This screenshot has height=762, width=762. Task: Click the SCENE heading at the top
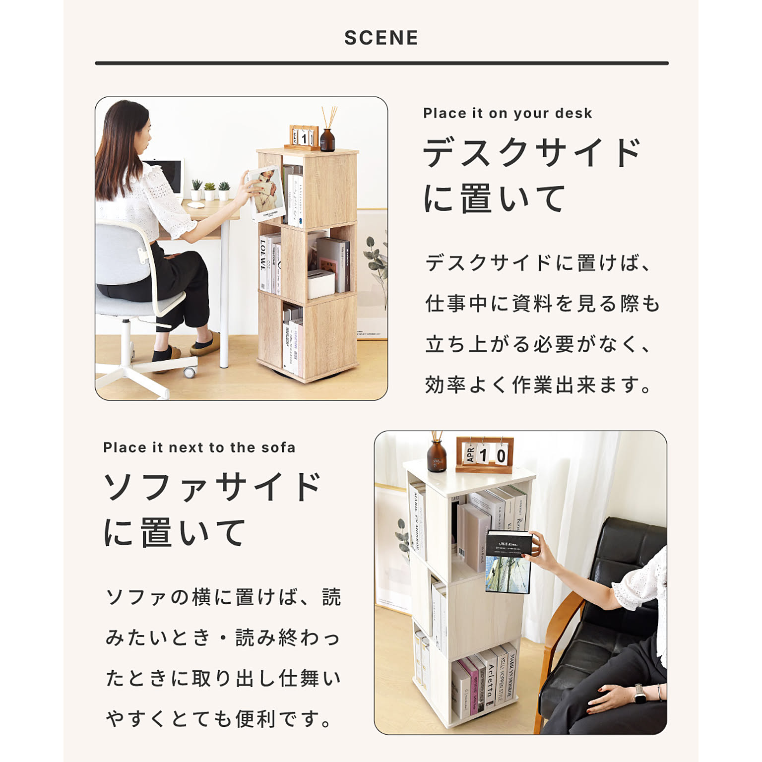coord(381,38)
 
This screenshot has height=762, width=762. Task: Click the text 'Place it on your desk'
coord(508,113)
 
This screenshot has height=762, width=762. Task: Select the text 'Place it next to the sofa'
coord(199,447)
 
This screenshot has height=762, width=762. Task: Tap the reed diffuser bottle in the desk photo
coord(327,139)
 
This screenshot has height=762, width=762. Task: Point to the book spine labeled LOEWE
coord(263,262)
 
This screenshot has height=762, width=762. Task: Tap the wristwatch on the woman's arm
coord(640,692)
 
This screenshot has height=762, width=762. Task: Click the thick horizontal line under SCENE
coord(381,63)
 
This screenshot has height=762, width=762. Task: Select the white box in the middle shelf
coord(320,284)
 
